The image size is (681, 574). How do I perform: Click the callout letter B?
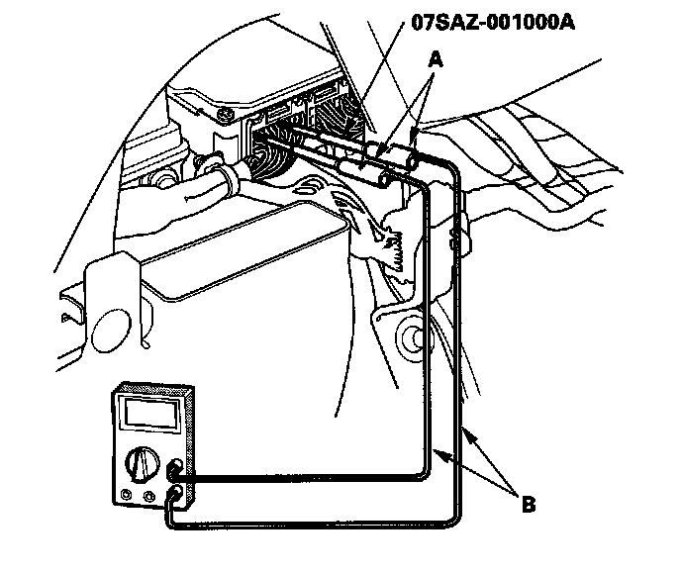point(529,505)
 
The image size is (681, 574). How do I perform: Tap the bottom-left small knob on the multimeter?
point(127,496)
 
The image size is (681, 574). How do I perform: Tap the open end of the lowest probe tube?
point(382,181)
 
